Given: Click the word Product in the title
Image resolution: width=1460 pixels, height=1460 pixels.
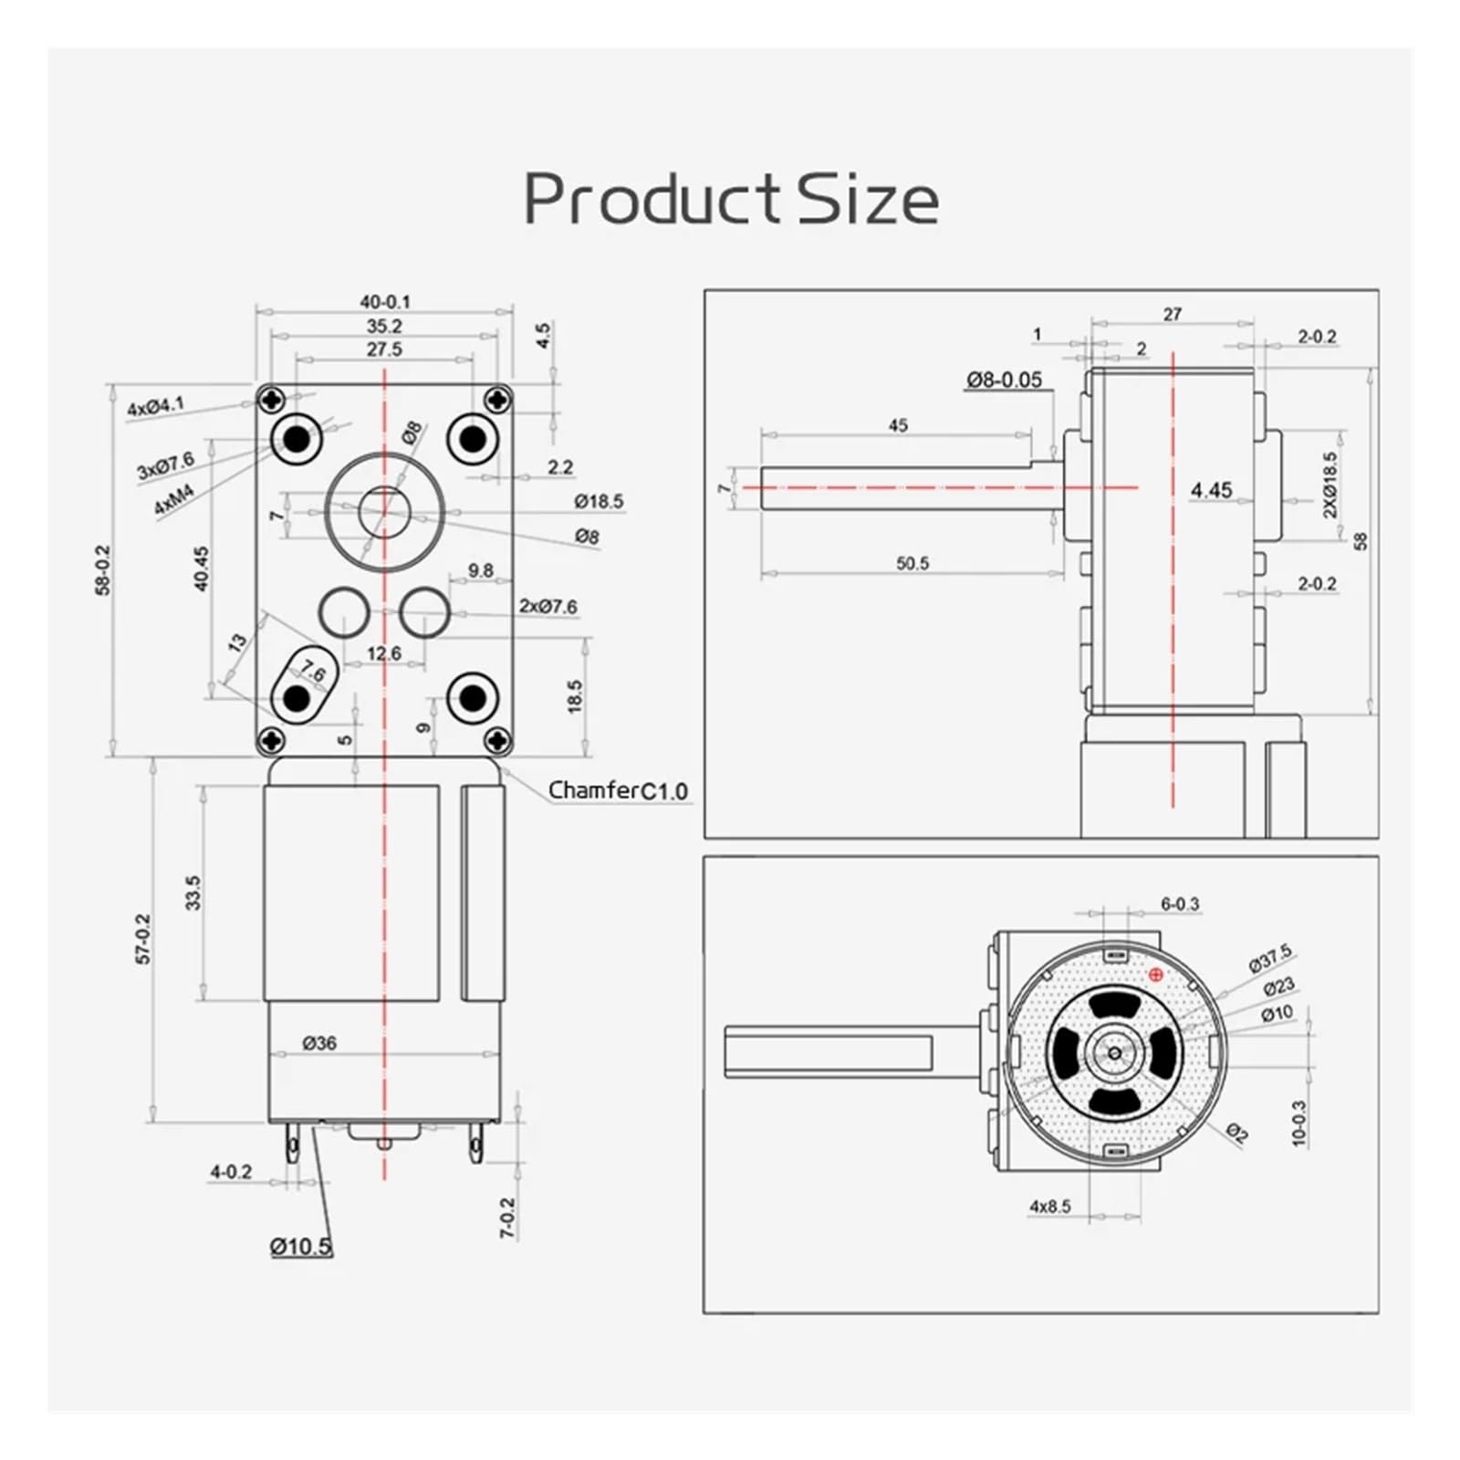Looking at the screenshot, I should [x=652, y=199].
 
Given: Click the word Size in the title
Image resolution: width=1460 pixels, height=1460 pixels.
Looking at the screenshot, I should [x=868, y=199].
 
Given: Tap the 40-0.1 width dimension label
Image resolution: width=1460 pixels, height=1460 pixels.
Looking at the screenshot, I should [x=384, y=302].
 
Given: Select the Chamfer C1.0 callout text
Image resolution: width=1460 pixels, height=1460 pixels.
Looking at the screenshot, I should [x=618, y=790].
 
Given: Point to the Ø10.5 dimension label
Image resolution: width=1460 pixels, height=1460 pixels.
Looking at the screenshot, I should [x=301, y=1246].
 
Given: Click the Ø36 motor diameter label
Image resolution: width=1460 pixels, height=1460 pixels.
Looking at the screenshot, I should [x=319, y=1042].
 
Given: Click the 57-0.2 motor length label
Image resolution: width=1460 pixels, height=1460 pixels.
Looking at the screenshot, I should [x=143, y=939].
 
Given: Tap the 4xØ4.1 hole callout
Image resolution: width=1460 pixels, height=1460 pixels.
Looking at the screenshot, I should [x=155, y=406].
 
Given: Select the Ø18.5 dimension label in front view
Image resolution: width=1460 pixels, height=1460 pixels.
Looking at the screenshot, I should [x=599, y=501].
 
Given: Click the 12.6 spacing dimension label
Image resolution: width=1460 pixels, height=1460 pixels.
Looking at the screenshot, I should [x=383, y=653].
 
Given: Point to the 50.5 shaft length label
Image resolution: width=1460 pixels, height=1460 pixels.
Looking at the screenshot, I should [x=912, y=563].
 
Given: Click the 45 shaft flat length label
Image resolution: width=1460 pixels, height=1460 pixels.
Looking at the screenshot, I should [x=898, y=425].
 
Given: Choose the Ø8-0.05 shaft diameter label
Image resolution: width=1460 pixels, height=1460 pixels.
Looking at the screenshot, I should [x=1004, y=380].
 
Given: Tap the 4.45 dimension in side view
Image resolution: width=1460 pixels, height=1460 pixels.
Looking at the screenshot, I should [x=1211, y=490].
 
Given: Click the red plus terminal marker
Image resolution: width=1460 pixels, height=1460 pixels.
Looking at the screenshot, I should [x=1156, y=975].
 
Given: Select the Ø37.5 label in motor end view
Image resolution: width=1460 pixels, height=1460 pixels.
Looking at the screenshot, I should [x=1270, y=958].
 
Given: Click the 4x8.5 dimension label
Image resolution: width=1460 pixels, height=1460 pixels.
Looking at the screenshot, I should [x=1050, y=1206].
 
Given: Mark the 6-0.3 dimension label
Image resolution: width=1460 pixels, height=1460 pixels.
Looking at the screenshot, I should [x=1180, y=903].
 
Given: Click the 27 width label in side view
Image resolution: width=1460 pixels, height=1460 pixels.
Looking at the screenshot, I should [x=1173, y=314].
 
